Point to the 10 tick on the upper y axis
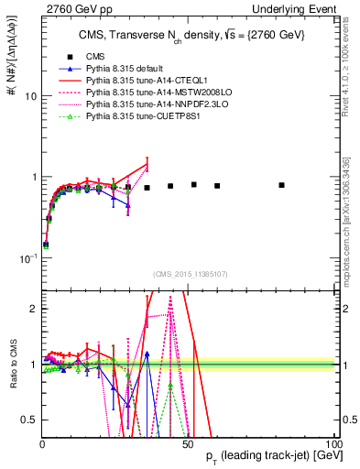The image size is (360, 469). pos(30,96)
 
